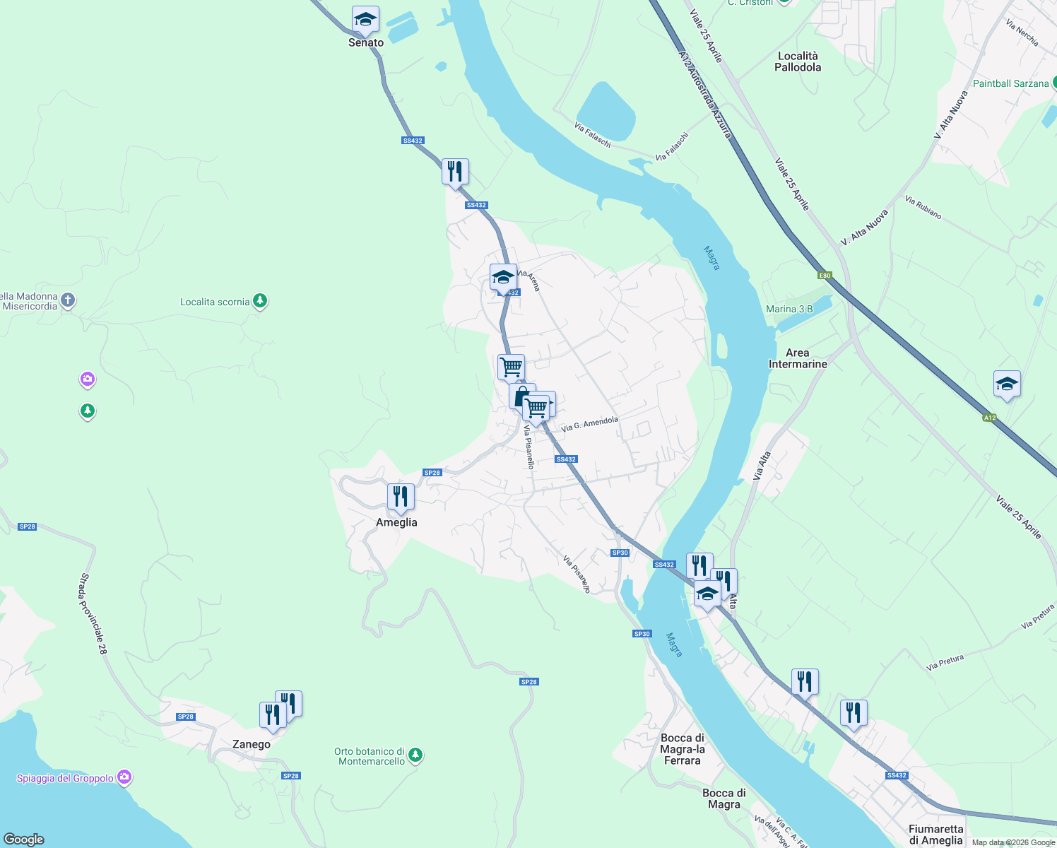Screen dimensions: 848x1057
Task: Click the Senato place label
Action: pyautogui.click(x=366, y=42)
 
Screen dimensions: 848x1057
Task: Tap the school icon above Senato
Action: pyautogui.click(x=365, y=20)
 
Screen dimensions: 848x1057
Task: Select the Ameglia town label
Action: pyautogui.click(x=396, y=522)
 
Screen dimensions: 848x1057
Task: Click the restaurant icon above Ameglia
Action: pyautogui.click(x=401, y=497)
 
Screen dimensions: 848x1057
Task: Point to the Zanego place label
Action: pyautogui.click(x=252, y=744)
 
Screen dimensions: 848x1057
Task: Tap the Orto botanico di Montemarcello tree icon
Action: pyautogui.click(x=415, y=755)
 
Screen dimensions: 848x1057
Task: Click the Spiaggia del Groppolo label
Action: pyautogui.click(x=65, y=778)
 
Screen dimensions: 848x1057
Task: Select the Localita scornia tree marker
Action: pyautogui.click(x=260, y=302)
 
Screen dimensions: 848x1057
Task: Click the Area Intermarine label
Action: pyautogui.click(x=798, y=358)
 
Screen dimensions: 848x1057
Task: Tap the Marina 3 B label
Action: pyautogui.click(x=789, y=309)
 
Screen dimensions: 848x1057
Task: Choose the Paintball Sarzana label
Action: pyautogui.click(x=1010, y=83)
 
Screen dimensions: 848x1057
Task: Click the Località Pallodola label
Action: pyautogui.click(x=798, y=61)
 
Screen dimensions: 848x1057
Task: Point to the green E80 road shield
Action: pyautogui.click(x=825, y=276)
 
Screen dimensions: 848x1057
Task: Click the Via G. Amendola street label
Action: pyautogui.click(x=589, y=424)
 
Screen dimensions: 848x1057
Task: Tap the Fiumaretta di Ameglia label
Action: pyautogui.click(x=935, y=835)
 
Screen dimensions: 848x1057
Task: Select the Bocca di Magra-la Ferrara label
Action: pyautogui.click(x=683, y=749)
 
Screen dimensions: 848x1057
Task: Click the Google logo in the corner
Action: pyautogui.click(x=24, y=839)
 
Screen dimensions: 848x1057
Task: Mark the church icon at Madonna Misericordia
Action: pyautogui.click(x=68, y=300)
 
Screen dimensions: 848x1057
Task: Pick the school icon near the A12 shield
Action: pyautogui.click(x=1007, y=384)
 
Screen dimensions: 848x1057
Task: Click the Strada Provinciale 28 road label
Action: pyautogui.click(x=93, y=613)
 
